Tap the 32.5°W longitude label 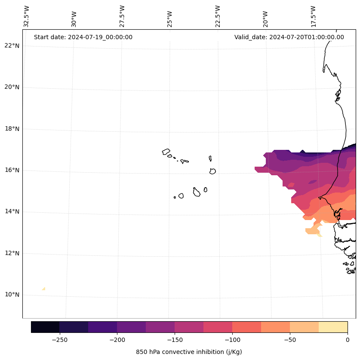coord(27,16)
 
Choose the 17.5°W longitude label coord(313,16)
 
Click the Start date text coord(83,37)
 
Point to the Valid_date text coord(289,37)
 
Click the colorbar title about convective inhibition coord(189,352)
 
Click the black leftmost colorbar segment coord(45,327)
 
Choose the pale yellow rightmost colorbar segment coord(333,327)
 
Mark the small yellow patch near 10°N coord(43,289)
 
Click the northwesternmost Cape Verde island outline coord(166,152)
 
